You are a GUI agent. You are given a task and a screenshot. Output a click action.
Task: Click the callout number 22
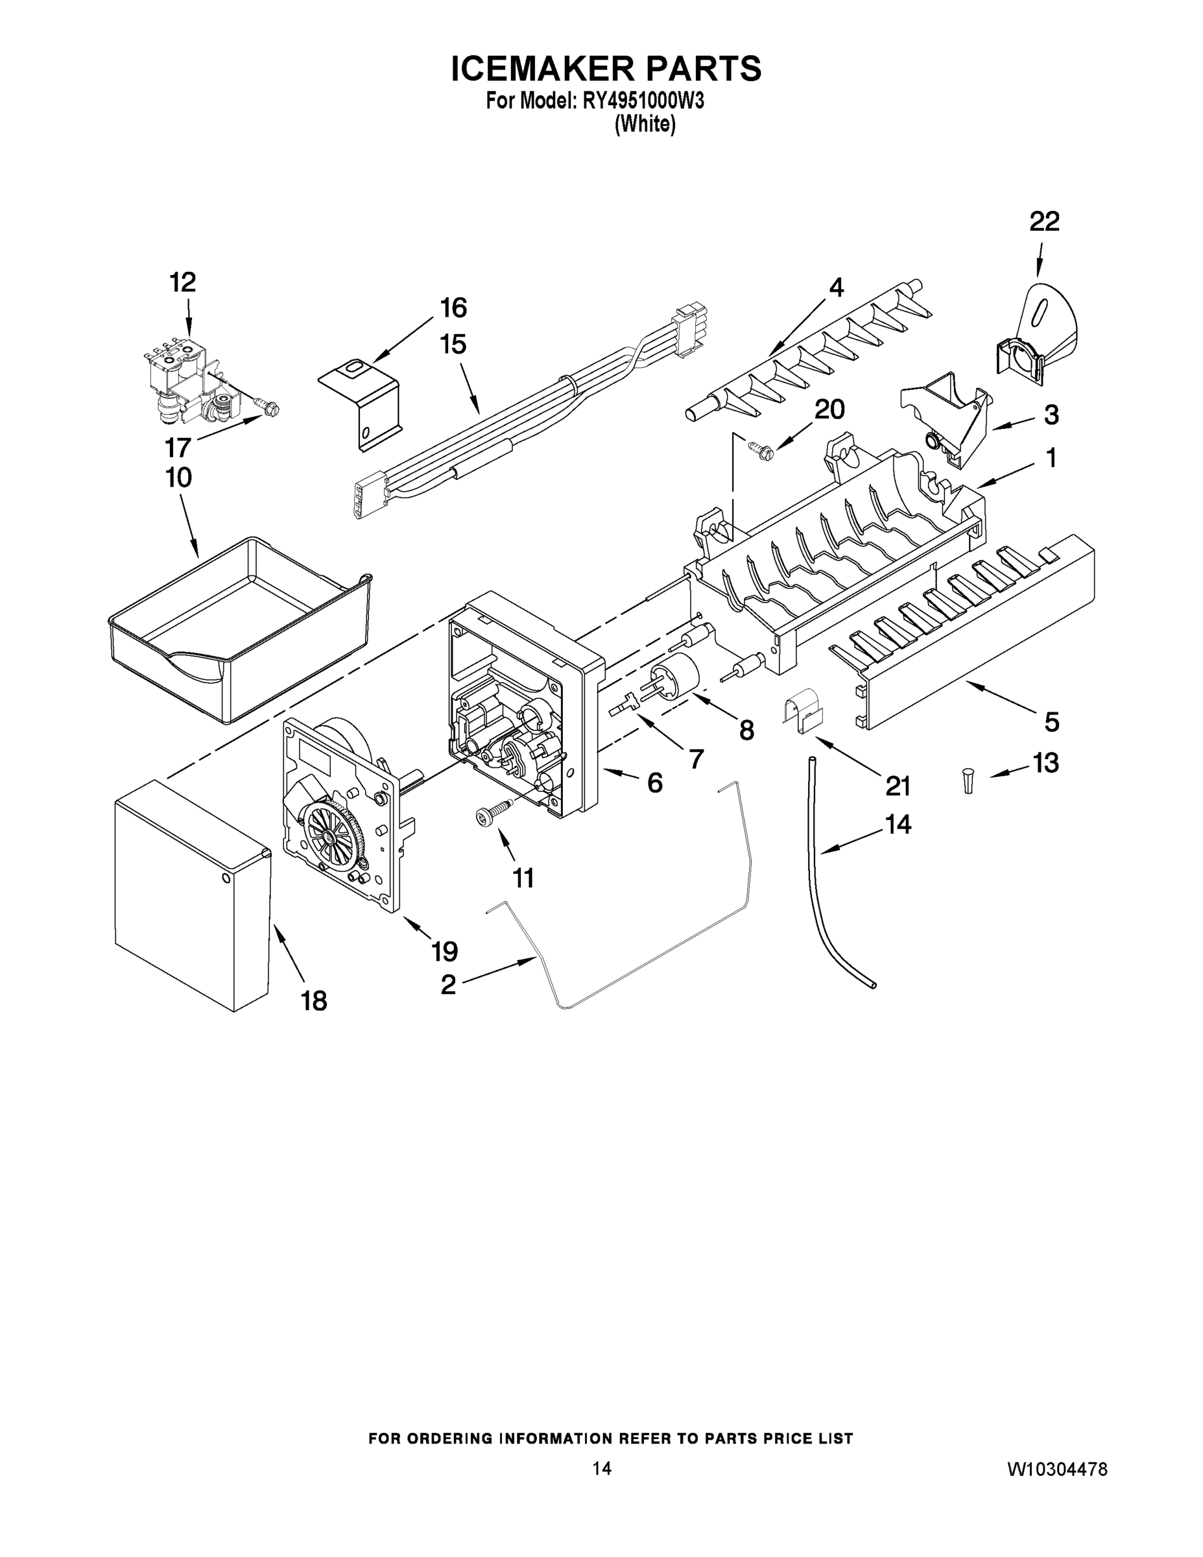point(1044,222)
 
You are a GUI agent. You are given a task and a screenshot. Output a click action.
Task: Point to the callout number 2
point(447,985)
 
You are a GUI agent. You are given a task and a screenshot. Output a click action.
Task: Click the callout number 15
point(453,344)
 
